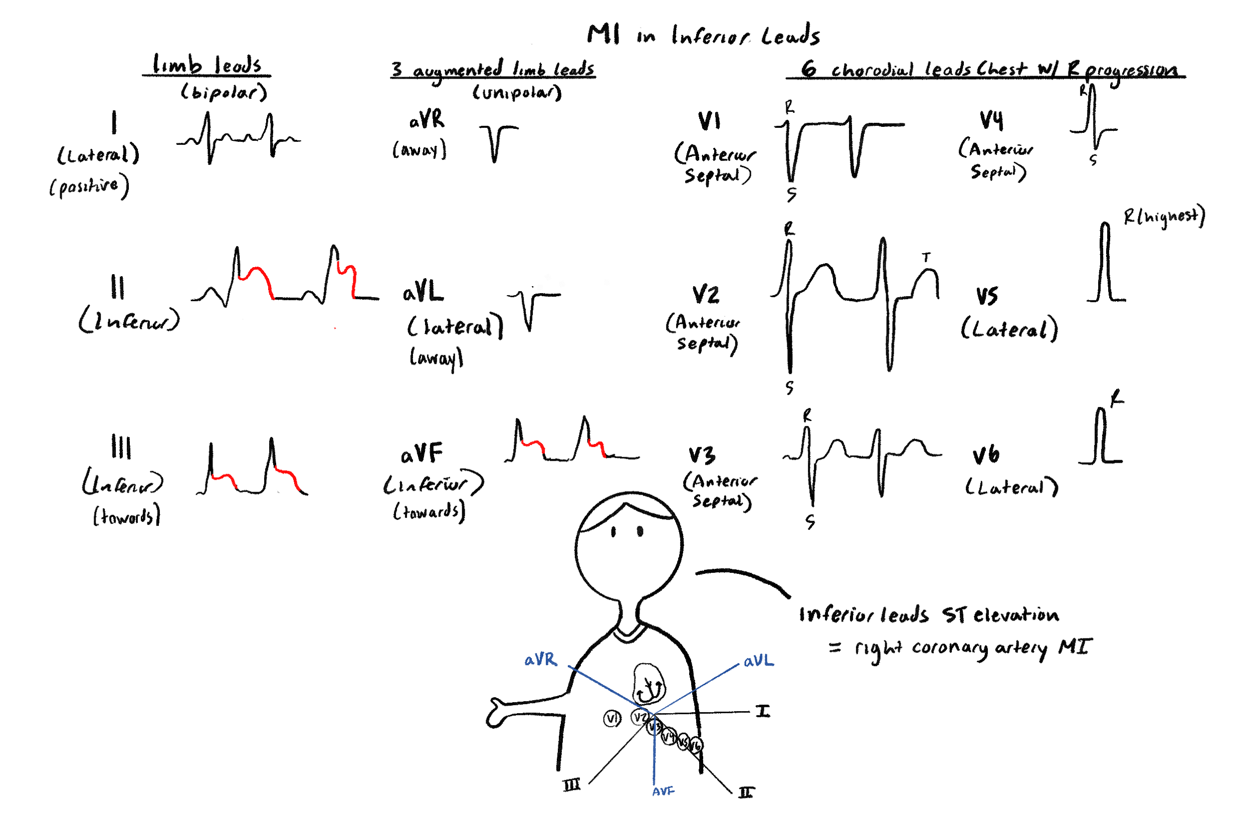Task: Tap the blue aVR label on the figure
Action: pyautogui.click(x=540, y=660)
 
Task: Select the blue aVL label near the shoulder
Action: pyautogui.click(x=758, y=661)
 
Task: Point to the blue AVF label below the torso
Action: pyautogui.click(x=663, y=791)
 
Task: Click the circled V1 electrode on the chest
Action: pyautogui.click(x=612, y=718)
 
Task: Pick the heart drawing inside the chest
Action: pyautogui.click(x=648, y=684)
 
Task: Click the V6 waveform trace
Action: pyautogui.click(x=1101, y=438)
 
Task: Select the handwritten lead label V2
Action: pyautogui.click(x=706, y=295)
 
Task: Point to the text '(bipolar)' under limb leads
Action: pyautogui.click(x=224, y=93)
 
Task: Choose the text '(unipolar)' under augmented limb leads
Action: pyautogui.click(x=517, y=93)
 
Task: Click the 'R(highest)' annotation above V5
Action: pyautogui.click(x=1164, y=216)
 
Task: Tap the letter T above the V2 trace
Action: pyautogui.click(x=926, y=258)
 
